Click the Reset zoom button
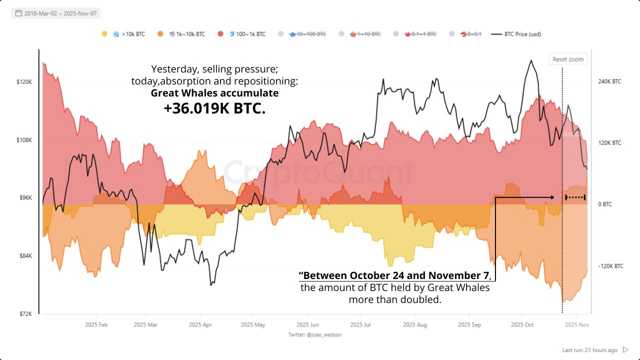[568, 59]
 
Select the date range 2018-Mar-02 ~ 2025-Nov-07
[55, 13]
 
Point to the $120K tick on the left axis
[25, 82]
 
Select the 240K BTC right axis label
[609, 81]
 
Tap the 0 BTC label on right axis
[604, 204]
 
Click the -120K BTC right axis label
[610, 266]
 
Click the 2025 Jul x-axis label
[360, 325]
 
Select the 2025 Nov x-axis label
[576, 325]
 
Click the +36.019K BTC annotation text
[214, 109]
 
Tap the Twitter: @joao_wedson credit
[315, 334]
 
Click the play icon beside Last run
[625, 350]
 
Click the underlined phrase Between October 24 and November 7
[395, 276]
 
